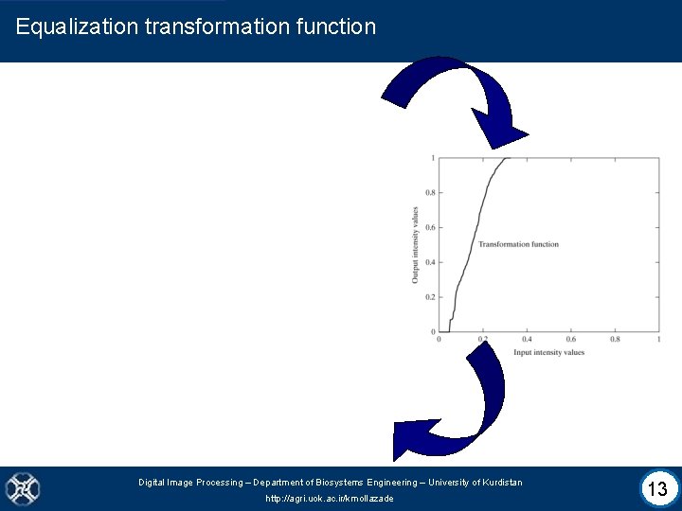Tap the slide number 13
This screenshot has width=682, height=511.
click(656, 489)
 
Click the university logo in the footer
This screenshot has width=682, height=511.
click(22, 488)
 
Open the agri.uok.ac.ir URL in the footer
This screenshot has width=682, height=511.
click(330, 499)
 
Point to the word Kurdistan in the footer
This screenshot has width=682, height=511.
click(497, 483)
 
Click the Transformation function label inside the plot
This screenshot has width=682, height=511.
click(518, 244)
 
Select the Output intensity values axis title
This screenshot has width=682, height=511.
click(415, 244)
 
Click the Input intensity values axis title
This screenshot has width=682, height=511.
click(548, 353)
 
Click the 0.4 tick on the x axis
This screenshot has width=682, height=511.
click(527, 340)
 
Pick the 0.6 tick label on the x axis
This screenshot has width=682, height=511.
click(570, 340)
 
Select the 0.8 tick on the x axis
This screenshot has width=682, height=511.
click(615, 340)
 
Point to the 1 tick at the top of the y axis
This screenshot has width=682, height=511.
click(433, 158)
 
